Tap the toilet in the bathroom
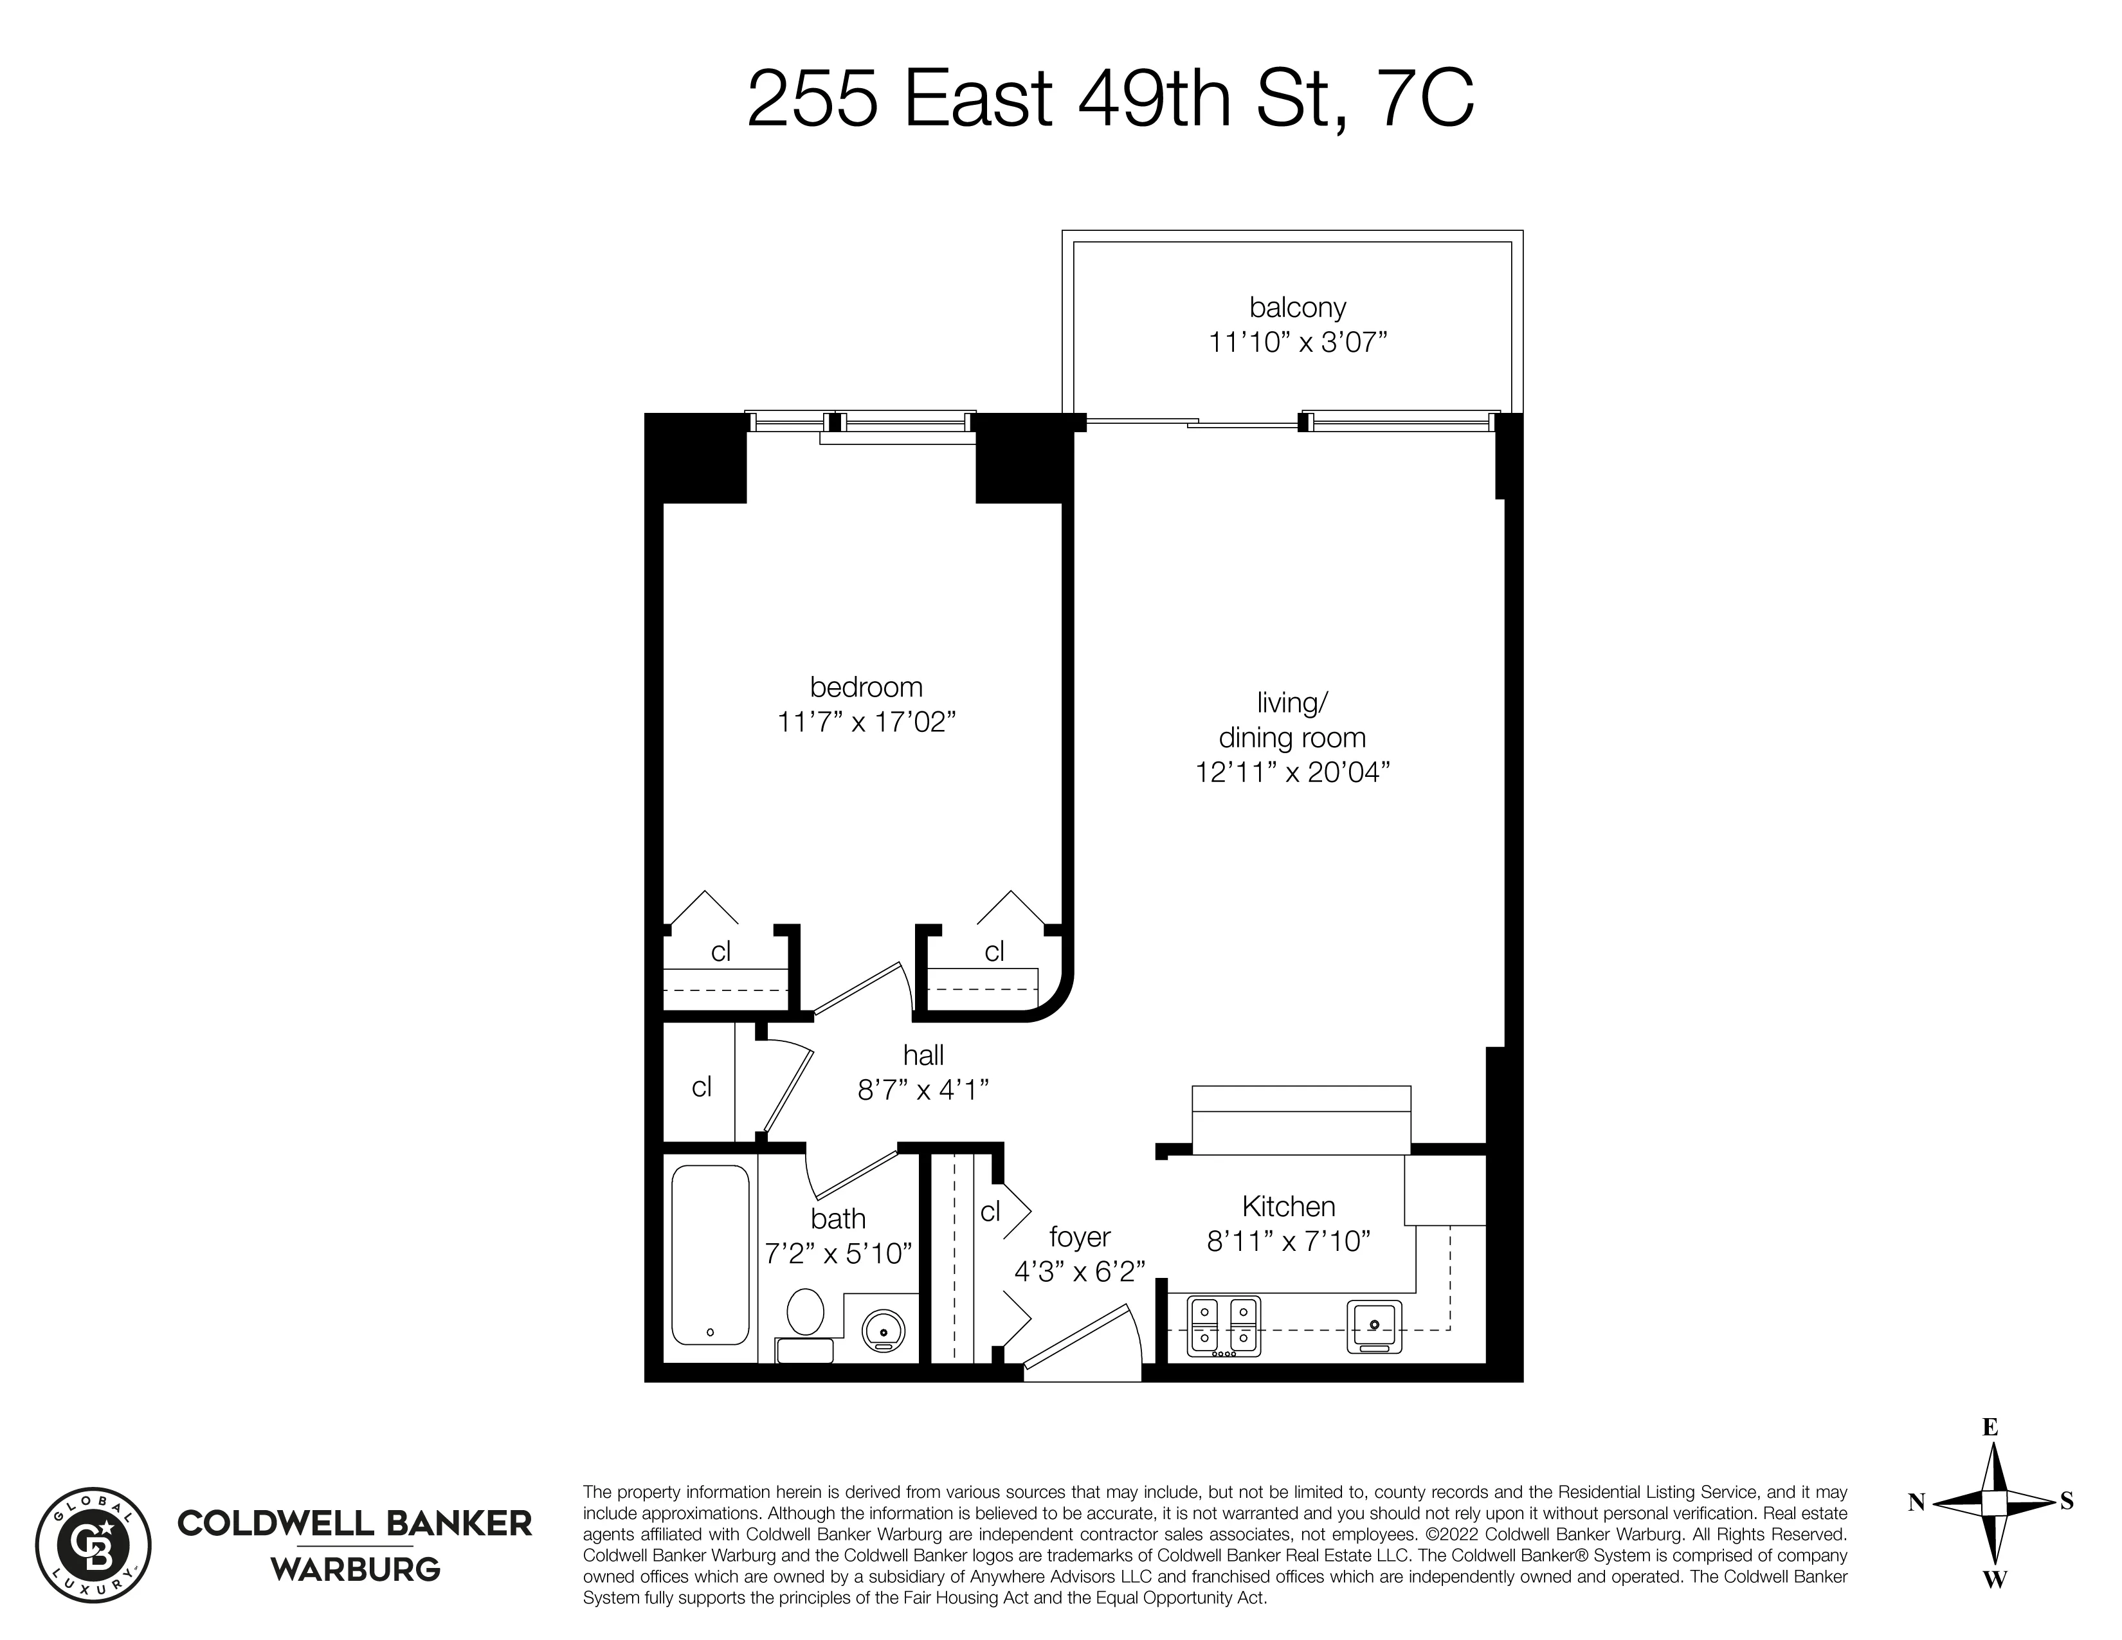click(x=804, y=1313)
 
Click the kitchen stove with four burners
click(x=1223, y=1326)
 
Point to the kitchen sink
click(x=1374, y=1326)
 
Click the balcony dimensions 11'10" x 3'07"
click(x=1297, y=342)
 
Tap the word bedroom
click(x=866, y=687)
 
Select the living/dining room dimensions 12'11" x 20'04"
click(x=1292, y=772)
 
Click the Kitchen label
click(x=1289, y=1207)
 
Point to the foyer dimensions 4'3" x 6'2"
click(x=1080, y=1271)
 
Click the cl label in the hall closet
click(x=702, y=1086)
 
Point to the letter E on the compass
click(x=1990, y=1427)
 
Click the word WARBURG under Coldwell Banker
click(x=355, y=1569)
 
